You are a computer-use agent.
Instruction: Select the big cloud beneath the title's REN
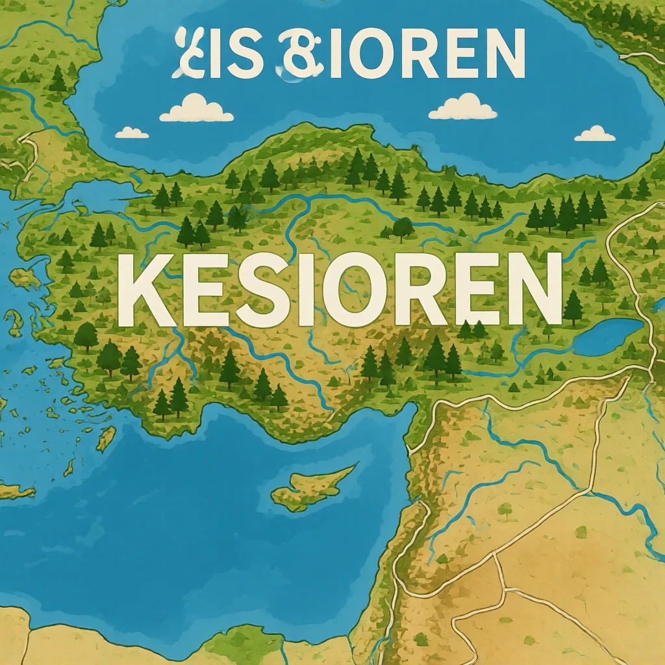coord(462,108)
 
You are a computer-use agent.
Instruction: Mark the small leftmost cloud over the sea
coord(131,133)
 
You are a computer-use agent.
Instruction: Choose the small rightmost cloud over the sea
coord(594,134)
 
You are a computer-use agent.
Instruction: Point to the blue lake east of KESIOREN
coord(607,336)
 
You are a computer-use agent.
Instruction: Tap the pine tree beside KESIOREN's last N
coord(573,307)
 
